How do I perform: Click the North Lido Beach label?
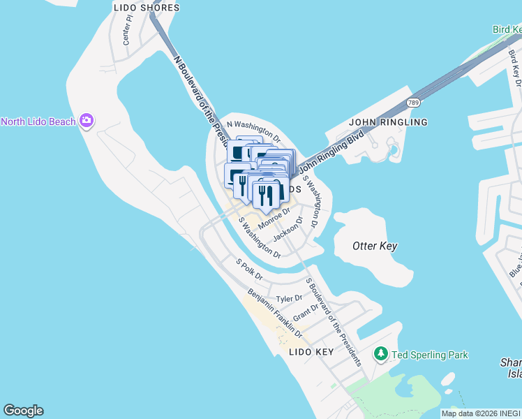(38, 122)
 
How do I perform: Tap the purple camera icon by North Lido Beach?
(87, 122)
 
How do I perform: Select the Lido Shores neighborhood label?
(146, 8)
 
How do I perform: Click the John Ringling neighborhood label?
(388, 122)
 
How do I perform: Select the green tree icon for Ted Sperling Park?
(381, 355)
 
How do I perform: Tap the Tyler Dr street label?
(289, 298)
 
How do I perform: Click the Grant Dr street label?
(306, 311)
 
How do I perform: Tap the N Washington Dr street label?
(253, 128)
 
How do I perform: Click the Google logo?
(23, 411)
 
